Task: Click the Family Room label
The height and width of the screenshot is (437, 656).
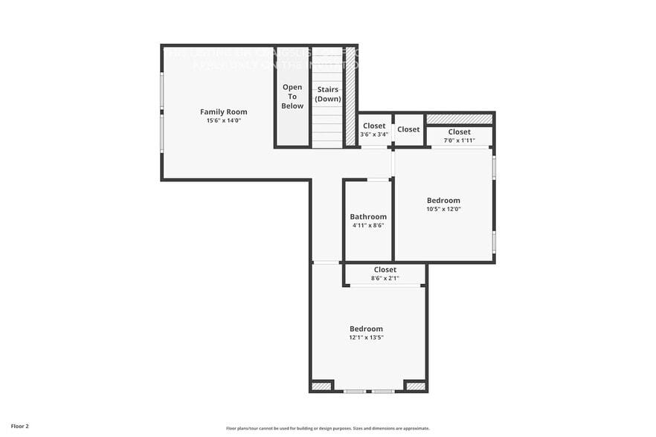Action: [x=223, y=111]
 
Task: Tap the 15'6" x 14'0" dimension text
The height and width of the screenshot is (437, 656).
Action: [x=223, y=120]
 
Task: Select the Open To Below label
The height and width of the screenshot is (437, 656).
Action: [x=292, y=97]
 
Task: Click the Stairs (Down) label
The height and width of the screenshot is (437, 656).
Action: [x=327, y=94]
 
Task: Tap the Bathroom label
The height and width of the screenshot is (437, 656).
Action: [x=368, y=217]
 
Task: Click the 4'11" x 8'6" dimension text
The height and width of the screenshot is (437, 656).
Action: [x=368, y=225]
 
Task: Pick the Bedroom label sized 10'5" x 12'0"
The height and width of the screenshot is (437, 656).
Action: [x=443, y=201]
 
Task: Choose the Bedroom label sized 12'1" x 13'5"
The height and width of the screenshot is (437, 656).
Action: [x=366, y=328]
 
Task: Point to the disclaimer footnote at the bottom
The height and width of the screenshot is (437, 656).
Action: [x=328, y=428]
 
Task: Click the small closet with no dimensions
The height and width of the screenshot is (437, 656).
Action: [x=408, y=129]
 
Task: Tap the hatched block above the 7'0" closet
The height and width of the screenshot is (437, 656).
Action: [x=459, y=119]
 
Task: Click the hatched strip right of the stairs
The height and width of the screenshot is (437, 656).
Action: [x=350, y=97]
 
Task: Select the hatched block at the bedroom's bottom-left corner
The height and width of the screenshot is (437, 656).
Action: [x=321, y=386]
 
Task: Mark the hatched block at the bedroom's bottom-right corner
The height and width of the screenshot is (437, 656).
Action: [x=416, y=386]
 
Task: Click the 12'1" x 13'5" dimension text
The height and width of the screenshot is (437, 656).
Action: [x=366, y=337]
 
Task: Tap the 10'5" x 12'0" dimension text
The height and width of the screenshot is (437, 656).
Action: [x=443, y=209]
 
